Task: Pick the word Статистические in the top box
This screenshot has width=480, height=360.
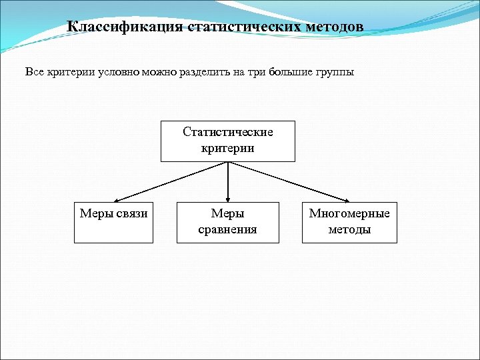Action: point(228,132)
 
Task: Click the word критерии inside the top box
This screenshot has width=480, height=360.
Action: point(228,148)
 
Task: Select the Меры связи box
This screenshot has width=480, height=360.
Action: point(114,223)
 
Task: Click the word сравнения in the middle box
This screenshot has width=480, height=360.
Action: point(228,230)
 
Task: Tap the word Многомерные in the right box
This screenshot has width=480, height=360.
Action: point(349,214)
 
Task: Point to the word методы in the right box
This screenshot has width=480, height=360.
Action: point(349,230)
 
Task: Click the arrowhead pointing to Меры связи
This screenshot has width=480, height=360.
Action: point(116,199)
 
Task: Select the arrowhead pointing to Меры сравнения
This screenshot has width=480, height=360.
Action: point(228,199)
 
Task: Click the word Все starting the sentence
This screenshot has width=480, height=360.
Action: point(34,72)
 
